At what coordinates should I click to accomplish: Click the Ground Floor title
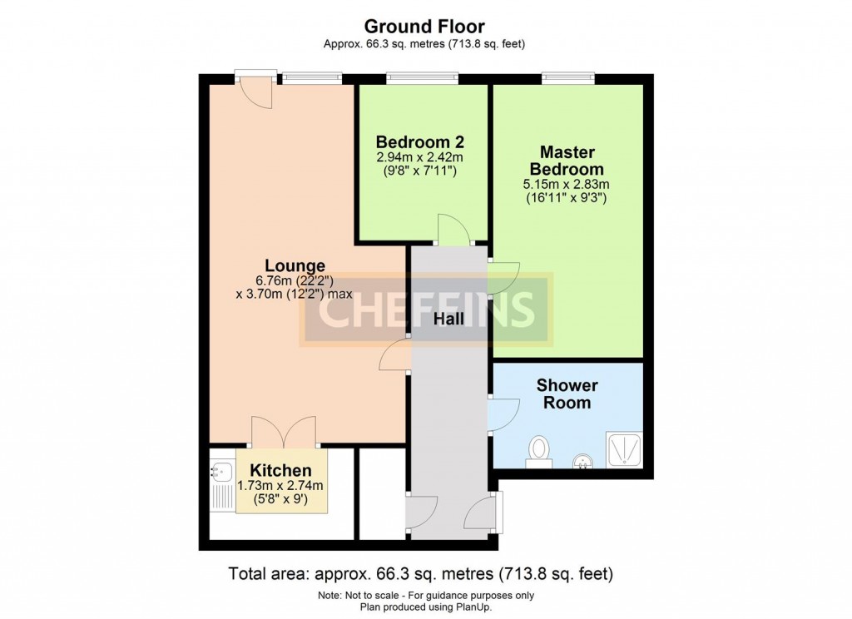pos(424,26)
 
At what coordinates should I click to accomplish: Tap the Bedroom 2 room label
pos(420,141)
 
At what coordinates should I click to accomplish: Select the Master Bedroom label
pos(567,161)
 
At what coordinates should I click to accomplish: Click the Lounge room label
pos(295,265)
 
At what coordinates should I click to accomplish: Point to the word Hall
pos(448,319)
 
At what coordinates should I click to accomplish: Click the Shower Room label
pos(567,394)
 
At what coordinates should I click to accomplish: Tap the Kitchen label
pos(281,470)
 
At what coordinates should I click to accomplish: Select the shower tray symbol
pos(624,449)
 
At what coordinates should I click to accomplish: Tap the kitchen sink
pos(221,472)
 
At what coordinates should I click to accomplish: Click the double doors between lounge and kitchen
pos(283,433)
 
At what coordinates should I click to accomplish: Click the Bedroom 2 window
pos(422,78)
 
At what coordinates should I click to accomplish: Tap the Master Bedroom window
pos(567,78)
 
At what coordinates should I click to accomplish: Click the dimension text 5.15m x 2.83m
pos(567,184)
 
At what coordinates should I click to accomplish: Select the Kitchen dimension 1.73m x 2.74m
pos(280,485)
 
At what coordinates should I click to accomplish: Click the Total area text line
pos(420,573)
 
